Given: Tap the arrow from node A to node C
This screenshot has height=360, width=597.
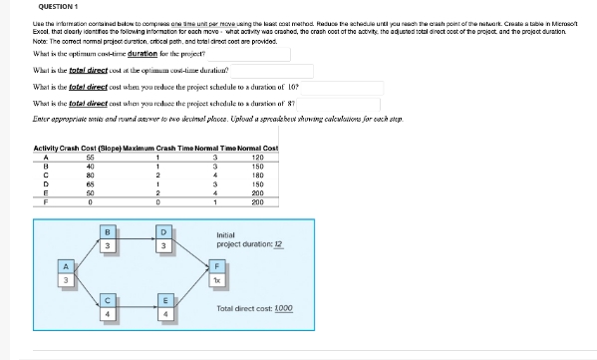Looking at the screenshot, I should tap(84, 292).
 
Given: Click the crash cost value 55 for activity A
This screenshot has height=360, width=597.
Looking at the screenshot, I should tap(91, 157).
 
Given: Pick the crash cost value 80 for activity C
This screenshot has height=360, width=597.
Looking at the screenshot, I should tap(91, 175).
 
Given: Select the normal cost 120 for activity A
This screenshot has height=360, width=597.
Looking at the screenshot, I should tap(258, 157).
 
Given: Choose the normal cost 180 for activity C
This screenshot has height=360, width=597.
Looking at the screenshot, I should tap(258, 175).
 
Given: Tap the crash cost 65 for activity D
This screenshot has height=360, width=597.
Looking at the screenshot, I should tap(91, 183).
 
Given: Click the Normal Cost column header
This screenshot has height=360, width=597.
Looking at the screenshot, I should tap(257, 148).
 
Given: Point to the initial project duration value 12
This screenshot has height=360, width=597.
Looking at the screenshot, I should tap(278, 244).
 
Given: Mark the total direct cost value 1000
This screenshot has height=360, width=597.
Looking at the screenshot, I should tap(282, 308).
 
